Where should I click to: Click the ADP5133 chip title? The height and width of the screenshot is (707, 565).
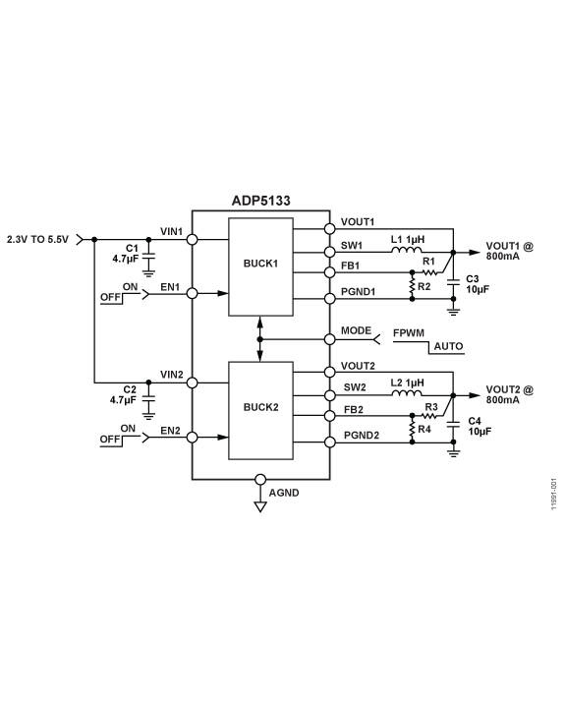pos(260,200)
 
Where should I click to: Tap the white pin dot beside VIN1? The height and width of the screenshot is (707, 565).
pos(193,239)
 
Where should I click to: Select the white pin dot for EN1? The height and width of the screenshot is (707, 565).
pos(193,293)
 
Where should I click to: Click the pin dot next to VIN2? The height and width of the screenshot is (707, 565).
pos(193,382)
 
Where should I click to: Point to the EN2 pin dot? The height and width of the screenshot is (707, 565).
pos(193,437)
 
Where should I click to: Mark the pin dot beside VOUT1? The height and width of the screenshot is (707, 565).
pos(329,228)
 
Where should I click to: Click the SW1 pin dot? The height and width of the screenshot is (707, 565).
pos(329,250)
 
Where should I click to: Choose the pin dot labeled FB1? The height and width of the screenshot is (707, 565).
pos(329,272)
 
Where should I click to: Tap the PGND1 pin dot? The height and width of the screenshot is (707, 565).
pos(329,298)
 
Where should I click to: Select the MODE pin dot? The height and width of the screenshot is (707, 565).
pos(329,339)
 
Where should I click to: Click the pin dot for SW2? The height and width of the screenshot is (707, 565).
pos(329,394)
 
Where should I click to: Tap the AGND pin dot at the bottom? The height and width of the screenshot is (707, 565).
pos(260,480)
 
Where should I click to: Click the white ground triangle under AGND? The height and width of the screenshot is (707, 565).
pos(260,507)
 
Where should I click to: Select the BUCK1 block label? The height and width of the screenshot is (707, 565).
pos(260,265)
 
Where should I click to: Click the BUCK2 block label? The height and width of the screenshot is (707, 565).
pos(260,406)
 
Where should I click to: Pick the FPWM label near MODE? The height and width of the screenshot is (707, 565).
pos(408,333)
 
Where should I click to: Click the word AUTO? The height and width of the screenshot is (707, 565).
pos(447,347)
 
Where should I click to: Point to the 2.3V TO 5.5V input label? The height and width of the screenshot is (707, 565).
pos(38,239)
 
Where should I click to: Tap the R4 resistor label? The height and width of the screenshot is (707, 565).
pos(424,429)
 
